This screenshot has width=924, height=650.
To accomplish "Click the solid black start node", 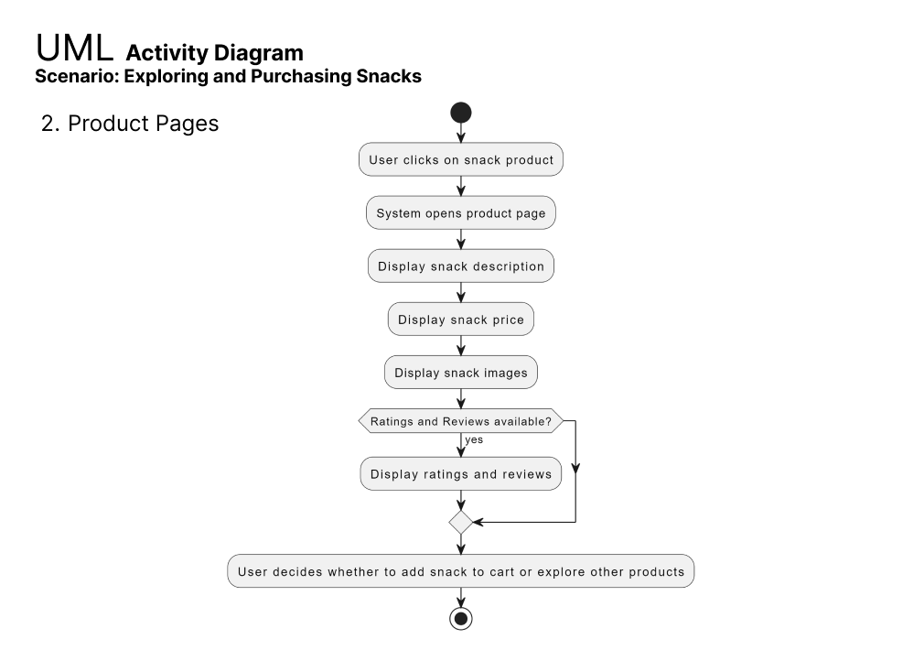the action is [461, 113].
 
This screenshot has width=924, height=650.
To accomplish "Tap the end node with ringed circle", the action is [461, 619].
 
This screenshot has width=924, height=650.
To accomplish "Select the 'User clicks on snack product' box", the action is [461, 159].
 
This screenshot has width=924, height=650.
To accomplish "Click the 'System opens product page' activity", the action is [461, 213].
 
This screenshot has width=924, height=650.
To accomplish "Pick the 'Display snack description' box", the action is [461, 266].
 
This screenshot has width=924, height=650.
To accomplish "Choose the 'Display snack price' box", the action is [461, 320].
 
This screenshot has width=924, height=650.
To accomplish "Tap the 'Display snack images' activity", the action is [461, 373].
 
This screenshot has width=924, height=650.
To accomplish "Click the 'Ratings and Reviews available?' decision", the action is [461, 421].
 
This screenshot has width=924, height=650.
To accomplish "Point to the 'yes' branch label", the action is [474, 440].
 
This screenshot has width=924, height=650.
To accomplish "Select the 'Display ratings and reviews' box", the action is [461, 473].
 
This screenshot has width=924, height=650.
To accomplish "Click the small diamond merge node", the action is [461, 523].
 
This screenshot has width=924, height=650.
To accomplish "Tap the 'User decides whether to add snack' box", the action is [461, 571].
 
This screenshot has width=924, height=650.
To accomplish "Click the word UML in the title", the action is [74, 48].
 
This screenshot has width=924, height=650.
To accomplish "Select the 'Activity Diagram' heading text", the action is [214, 53].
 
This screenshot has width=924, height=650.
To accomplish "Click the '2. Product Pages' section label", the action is [130, 124].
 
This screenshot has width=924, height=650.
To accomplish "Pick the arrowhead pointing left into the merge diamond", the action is [478, 522].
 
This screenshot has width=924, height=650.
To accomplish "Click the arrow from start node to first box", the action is [461, 133].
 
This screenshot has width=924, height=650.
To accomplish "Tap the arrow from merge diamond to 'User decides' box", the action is [461, 545].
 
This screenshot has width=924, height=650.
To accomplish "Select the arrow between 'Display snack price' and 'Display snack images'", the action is [461, 346].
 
